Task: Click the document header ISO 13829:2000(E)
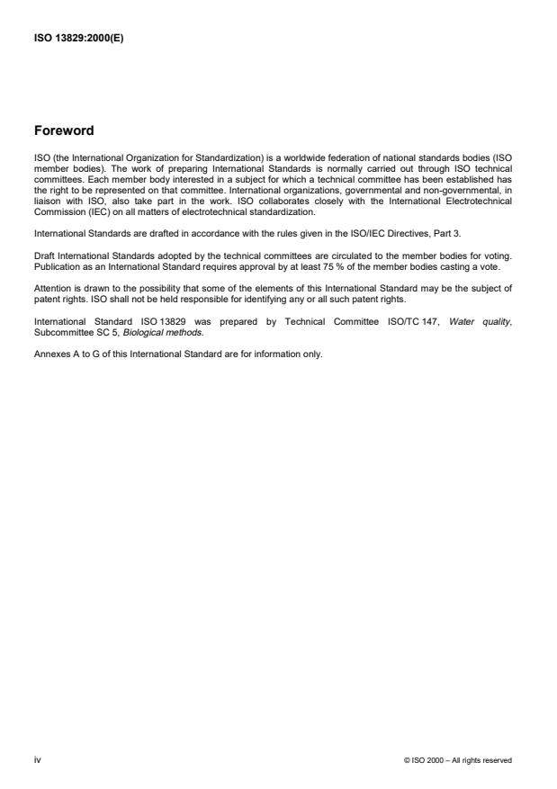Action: (78, 38)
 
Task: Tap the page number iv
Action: (37, 760)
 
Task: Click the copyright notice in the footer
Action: (459, 760)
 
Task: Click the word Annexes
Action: (50, 354)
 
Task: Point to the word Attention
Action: (51, 289)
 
